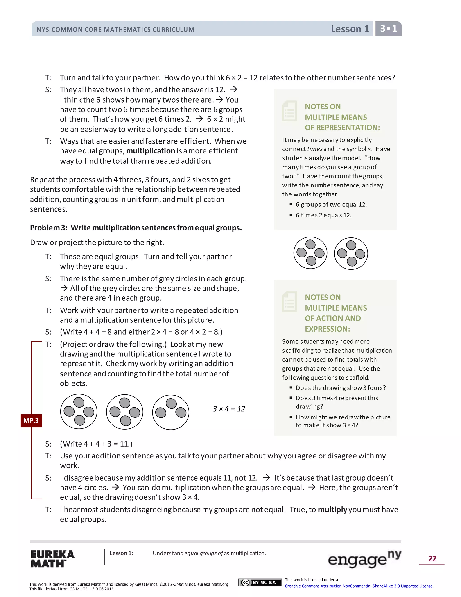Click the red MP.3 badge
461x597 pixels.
pyautogui.click(x=31, y=420)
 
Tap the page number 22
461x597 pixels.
pyautogui.click(x=432, y=558)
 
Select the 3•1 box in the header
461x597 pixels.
pyautogui.click(x=388, y=28)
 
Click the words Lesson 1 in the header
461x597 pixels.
pyautogui.click(x=350, y=29)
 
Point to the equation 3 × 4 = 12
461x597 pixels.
pyautogui.click(x=229, y=409)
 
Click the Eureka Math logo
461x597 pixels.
pyautogui.click(x=52, y=558)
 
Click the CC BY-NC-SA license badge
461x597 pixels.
pyautogui.click(x=260, y=582)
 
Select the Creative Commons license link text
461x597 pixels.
pyautogui.click(x=359, y=586)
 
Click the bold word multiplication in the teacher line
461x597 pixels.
pyautogui.click(x=151, y=151)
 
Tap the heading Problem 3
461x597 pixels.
pyautogui.click(x=136, y=228)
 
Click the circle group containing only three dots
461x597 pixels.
pyautogui.click(x=170, y=412)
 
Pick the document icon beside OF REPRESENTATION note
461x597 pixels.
pyautogui.click(x=289, y=111)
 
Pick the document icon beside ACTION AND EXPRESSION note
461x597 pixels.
pyautogui.click(x=289, y=301)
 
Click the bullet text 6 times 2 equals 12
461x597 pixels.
pyautogui.click(x=323, y=215)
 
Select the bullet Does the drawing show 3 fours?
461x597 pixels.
pyautogui.click(x=341, y=388)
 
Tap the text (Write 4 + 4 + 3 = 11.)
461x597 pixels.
pyautogui.click(x=96, y=444)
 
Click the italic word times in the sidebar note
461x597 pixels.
pyautogui.click(x=315, y=149)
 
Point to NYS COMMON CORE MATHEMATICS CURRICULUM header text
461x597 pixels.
pyautogui.click(x=115, y=30)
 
